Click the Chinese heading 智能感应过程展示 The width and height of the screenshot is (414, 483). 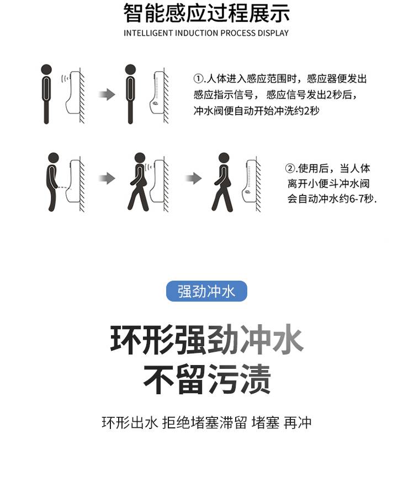206,13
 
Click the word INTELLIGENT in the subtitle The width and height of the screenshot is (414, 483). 148,33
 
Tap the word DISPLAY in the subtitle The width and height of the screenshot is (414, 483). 273,33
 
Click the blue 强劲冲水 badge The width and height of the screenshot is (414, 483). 206,291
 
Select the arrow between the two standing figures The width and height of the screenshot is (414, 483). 107,94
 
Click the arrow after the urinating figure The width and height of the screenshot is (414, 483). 107,178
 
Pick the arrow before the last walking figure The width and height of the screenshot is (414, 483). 193,178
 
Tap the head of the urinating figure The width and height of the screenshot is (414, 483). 54,158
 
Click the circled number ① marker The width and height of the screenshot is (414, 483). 198,78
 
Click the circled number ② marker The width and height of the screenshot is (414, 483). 290,168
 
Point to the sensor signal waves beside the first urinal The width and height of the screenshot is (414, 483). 65,78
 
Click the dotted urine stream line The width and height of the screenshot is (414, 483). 64,187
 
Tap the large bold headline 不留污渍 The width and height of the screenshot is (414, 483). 207,379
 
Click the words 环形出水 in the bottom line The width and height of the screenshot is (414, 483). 130,422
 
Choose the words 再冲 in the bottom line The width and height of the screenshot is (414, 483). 298,422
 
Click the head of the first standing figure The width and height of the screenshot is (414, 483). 46,69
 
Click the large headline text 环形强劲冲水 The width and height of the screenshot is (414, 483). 207,340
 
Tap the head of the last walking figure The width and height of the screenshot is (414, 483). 224,158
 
